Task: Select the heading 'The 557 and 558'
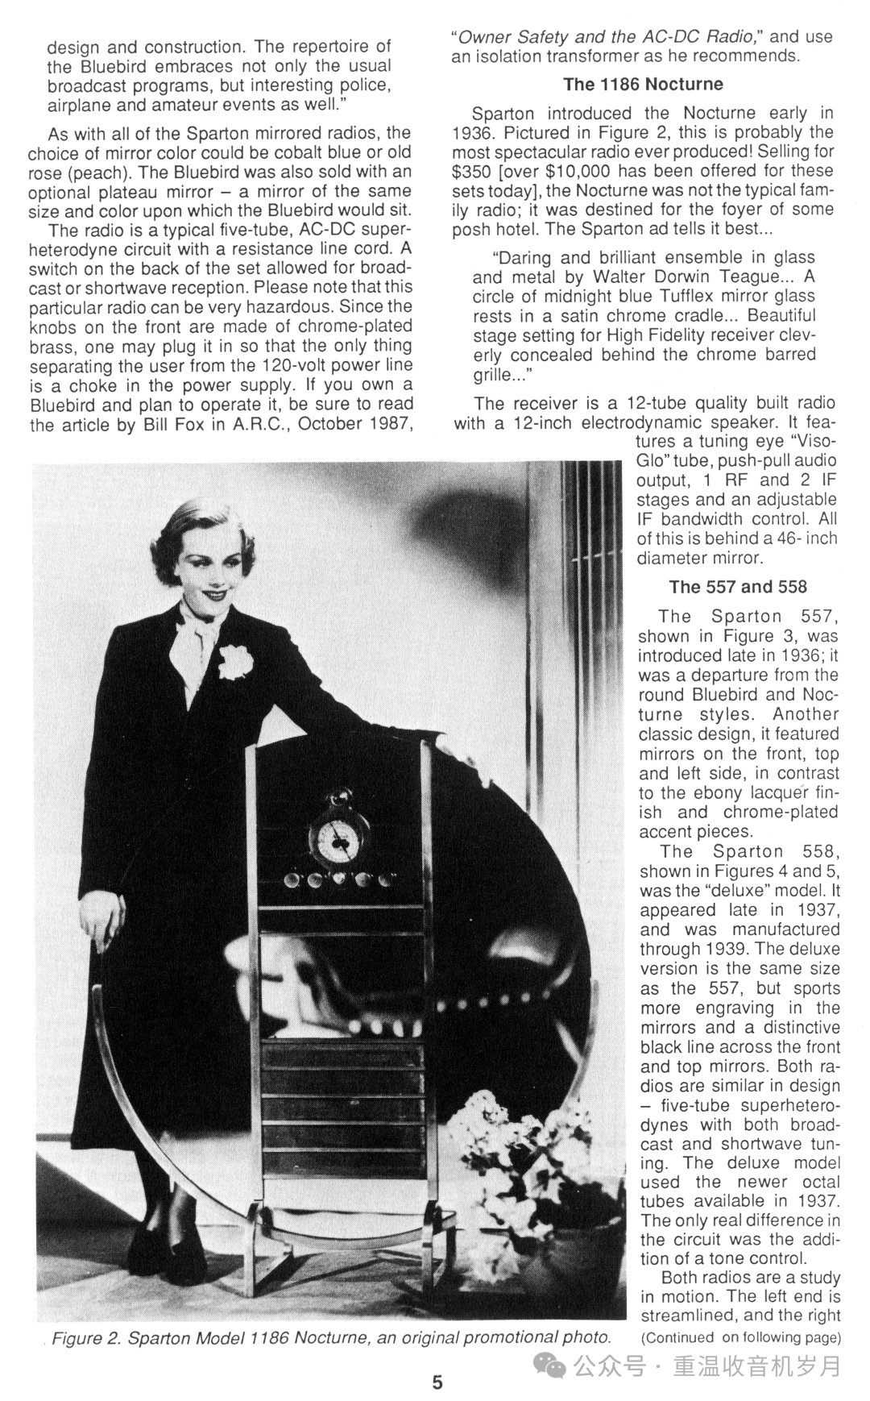point(737,587)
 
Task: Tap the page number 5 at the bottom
point(437,1382)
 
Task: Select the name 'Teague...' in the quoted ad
point(760,277)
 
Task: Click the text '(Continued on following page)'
point(740,1337)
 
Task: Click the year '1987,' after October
point(385,424)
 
